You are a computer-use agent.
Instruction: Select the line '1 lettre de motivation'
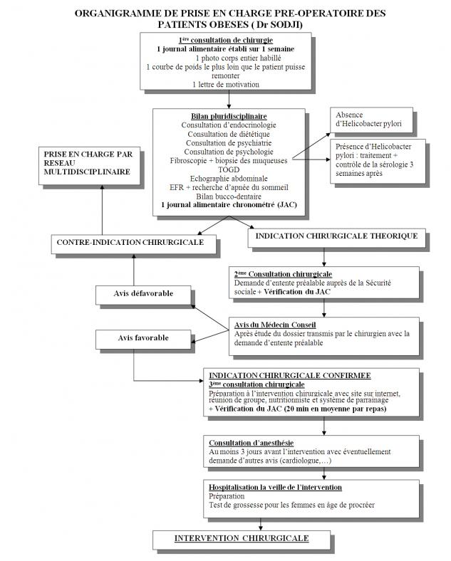(225, 85)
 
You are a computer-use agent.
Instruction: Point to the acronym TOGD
(229, 169)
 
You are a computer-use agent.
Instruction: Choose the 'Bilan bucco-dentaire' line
(229, 196)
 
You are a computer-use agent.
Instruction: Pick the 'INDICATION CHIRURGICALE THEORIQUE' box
(336, 236)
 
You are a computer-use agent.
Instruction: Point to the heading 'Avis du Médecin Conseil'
(270, 325)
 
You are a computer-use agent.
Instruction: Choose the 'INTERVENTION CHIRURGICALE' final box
(242, 538)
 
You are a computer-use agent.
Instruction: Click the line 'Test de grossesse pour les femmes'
(292, 505)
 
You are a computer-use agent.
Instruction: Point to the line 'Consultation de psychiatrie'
(229, 142)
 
